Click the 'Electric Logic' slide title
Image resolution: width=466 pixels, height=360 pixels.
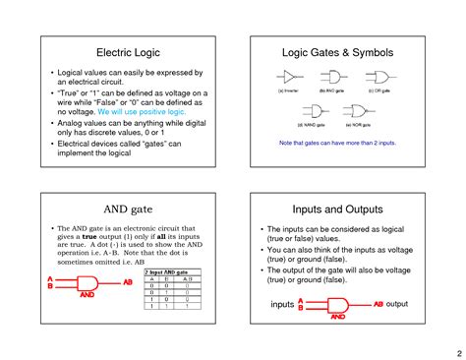coord(126,50)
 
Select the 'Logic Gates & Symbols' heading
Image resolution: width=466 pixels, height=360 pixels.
coord(338,50)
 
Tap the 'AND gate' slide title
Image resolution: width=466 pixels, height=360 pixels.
coord(126,210)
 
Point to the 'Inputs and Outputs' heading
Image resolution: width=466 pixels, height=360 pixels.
coord(338,210)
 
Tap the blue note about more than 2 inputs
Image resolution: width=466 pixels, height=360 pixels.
coord(338,144)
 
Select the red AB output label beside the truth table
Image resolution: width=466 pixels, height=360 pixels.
coord(127,282)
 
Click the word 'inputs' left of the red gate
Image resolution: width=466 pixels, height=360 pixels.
coord(282,305)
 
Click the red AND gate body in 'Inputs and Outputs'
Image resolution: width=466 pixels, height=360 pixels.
coord(336,305)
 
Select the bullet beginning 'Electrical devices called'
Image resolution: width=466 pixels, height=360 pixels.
coord(128,148)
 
